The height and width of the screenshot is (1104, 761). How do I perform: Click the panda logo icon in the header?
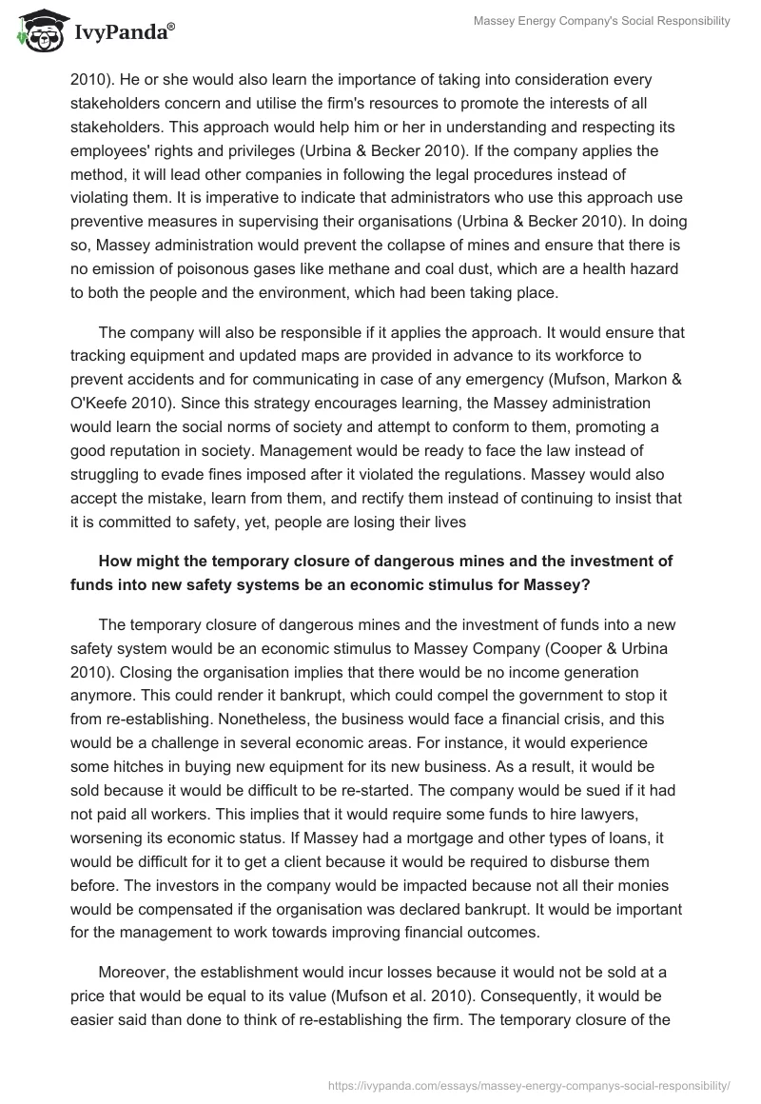(36, 32)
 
